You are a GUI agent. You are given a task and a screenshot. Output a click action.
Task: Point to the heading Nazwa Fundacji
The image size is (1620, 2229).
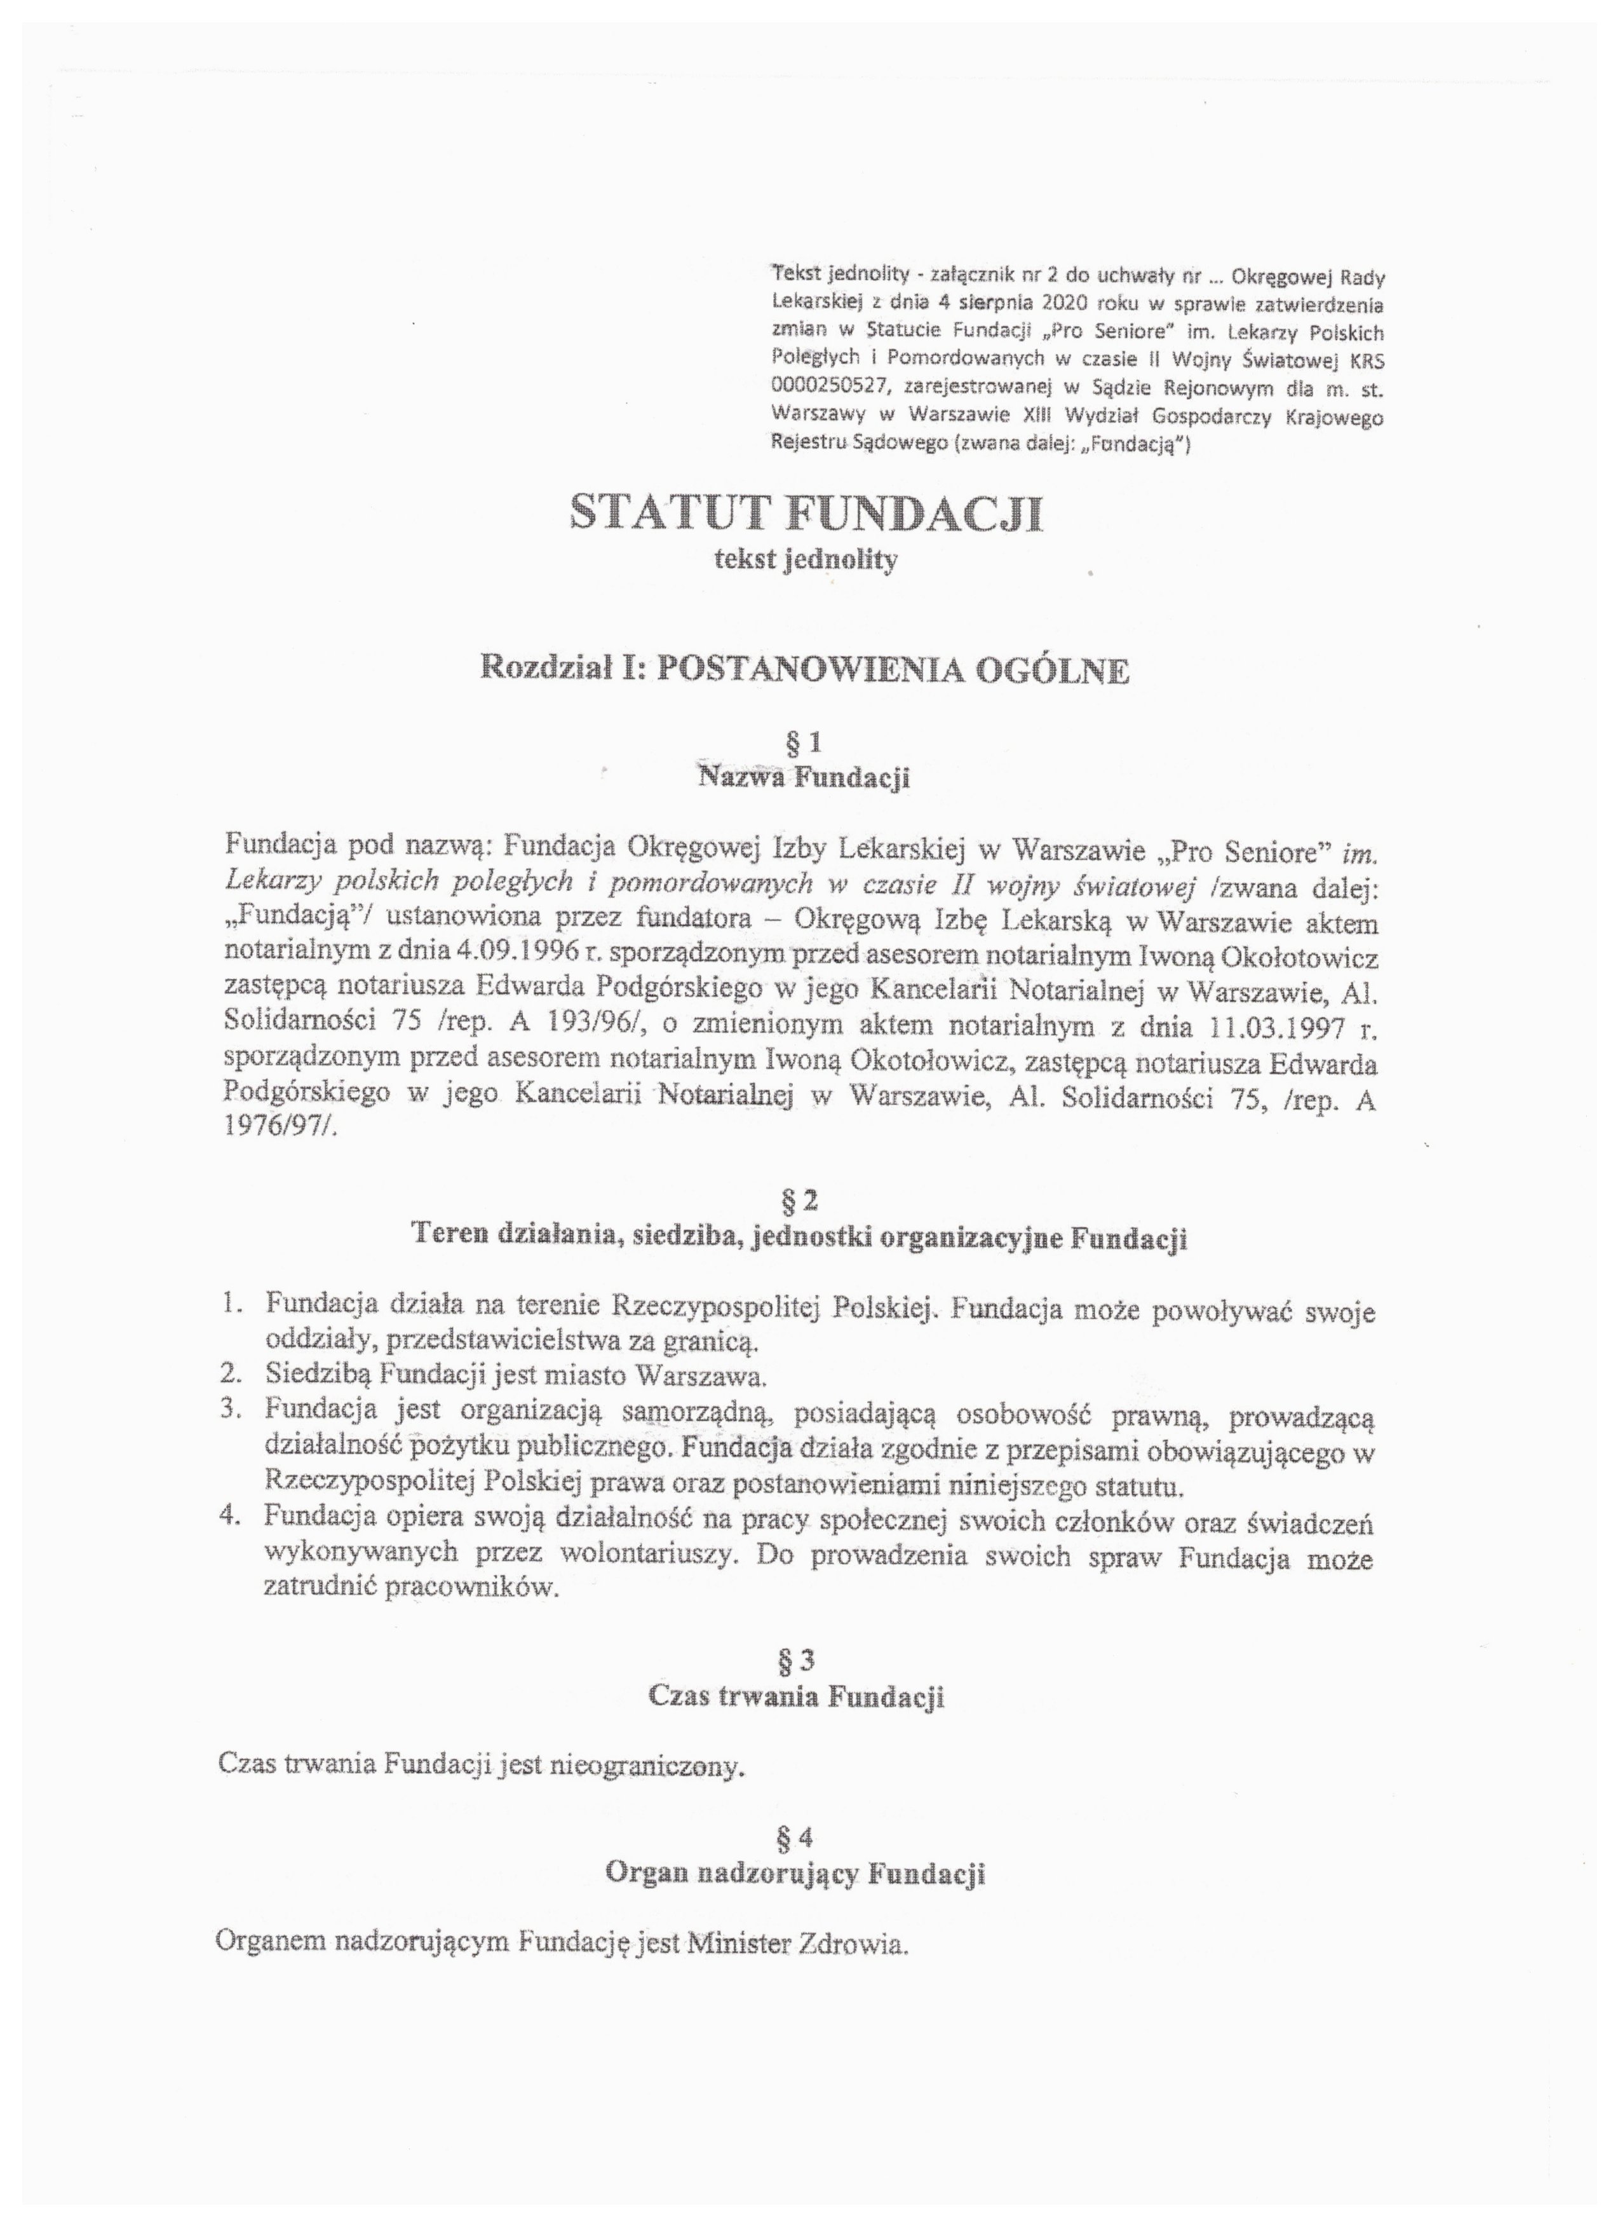[x=804, y=777]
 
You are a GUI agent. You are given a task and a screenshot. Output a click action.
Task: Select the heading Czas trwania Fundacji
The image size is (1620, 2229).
[x=796, y=1696]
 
